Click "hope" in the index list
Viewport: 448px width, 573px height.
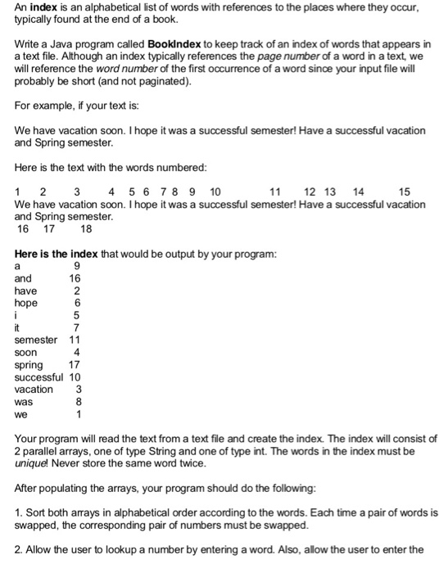[x=26, y=302]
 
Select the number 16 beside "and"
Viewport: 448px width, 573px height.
[x=75, y=277]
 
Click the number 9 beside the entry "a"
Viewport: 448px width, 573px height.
[x=77, y=265]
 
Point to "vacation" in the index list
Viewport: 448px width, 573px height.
[x=34, y=389]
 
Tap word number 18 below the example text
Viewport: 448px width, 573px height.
[x=86, y=229]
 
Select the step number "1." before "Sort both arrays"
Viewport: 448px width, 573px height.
[x=20, y=512]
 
